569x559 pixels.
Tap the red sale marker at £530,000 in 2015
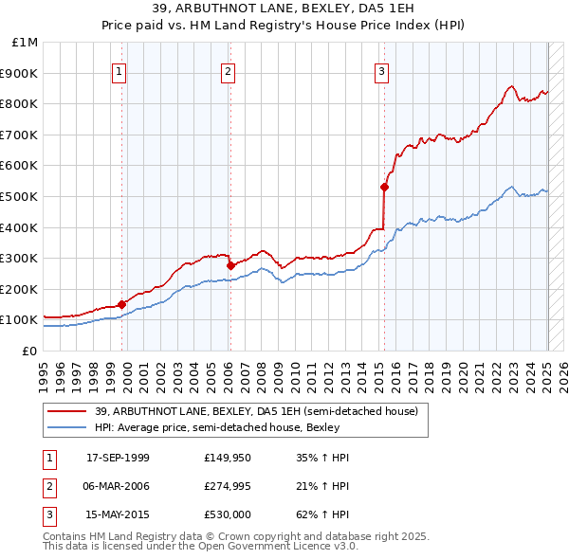385,187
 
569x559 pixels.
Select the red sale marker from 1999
121,304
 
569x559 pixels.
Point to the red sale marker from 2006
230,265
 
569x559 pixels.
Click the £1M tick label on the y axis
25,43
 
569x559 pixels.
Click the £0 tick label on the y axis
30,351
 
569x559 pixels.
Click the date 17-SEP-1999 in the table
118,458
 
